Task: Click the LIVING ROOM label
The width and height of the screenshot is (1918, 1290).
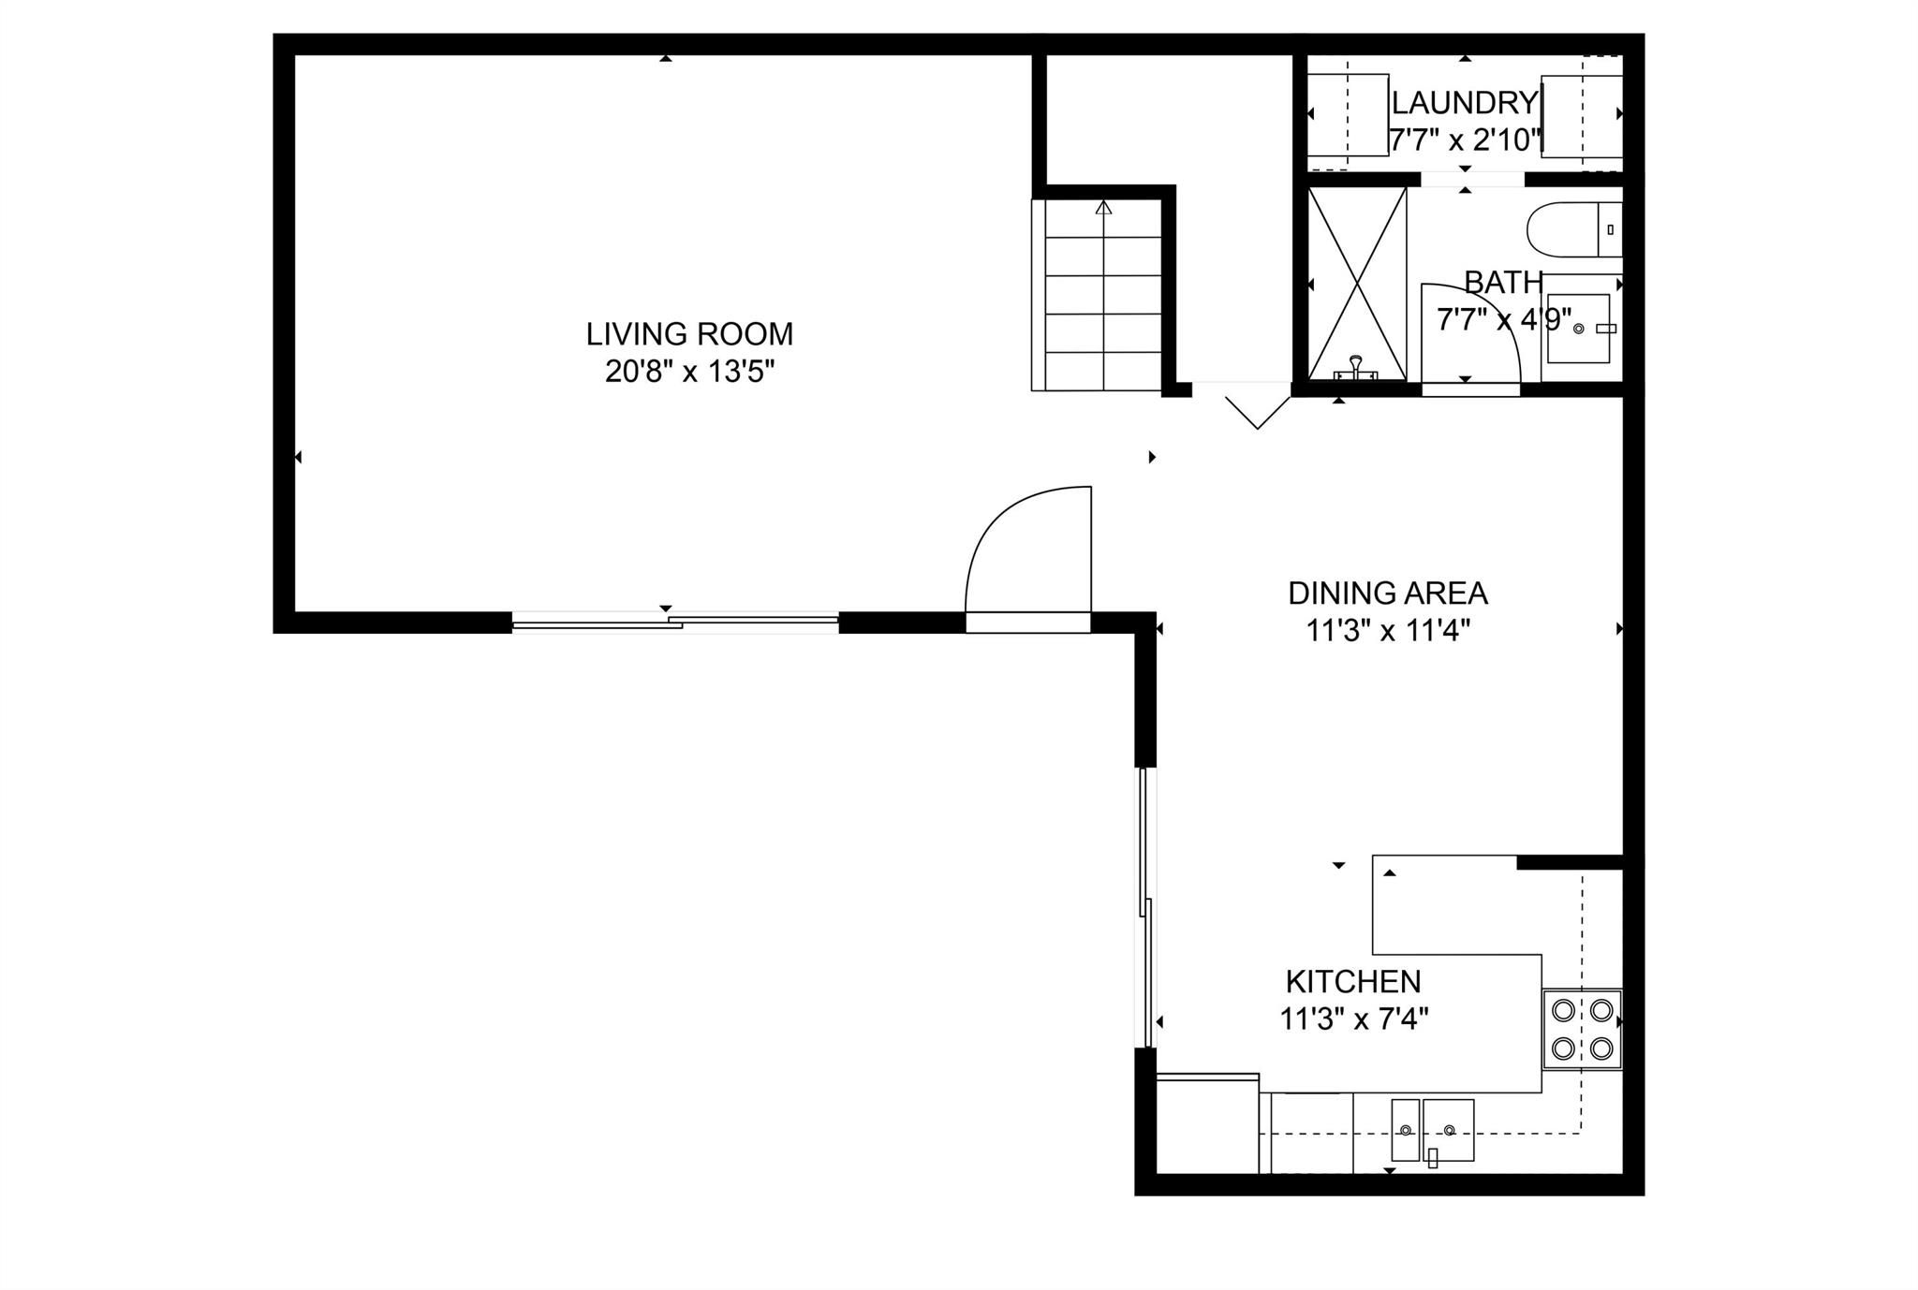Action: click(x=689, y=334)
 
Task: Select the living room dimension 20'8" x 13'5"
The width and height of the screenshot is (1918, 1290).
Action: click(x=689, y=373)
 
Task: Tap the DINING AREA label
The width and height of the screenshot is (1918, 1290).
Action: click(x=1387, y=594)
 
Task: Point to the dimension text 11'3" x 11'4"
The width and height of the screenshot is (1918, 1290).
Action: click(x=1387, y=632)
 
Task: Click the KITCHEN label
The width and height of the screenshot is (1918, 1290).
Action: click(x=1352, y=982)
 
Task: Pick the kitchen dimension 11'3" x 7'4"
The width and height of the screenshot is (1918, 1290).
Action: click(x=1352, y=1019)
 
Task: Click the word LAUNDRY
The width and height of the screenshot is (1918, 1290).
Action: click(x=1464, y=102)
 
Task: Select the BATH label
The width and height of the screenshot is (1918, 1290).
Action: click(x=1503, y=282)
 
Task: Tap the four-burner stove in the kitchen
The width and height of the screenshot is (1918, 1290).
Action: click(x=1582, y=1029)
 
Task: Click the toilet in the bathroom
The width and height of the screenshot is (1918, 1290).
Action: click(x=1573, y=229)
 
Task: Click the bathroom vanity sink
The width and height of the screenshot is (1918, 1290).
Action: click(x=1578, y=329)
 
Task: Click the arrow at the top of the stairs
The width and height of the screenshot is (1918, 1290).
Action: click(x=1103, y=208)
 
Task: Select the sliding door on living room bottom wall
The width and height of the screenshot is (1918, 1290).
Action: click(x=674, y=622)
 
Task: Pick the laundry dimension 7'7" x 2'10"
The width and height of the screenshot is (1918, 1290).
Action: click(x=1464, y=140)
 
